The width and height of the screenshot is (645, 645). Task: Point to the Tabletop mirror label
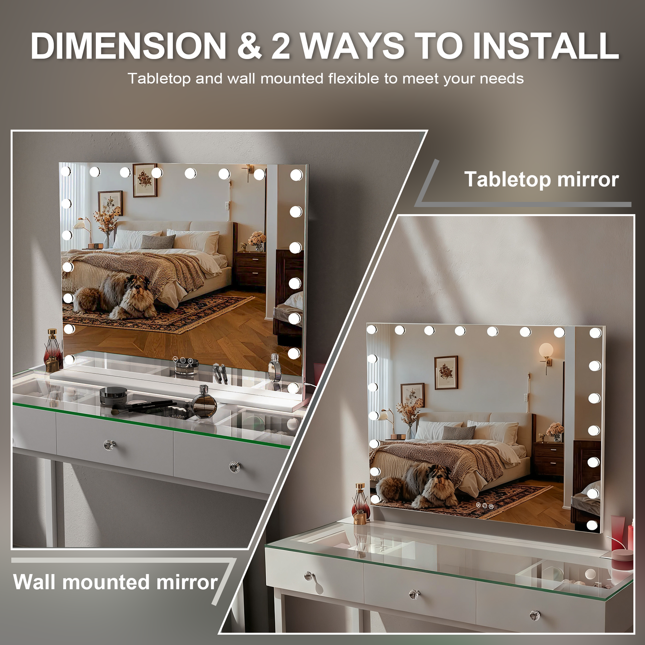(x=542, y=179)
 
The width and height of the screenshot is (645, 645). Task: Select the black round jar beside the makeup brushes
(x=113, y=396)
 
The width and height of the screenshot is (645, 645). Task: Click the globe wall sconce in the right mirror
(x=546, y=350)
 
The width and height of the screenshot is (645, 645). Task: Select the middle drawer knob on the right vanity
(x=414, y=595)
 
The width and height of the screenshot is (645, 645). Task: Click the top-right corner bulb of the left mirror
(x=296, y=175)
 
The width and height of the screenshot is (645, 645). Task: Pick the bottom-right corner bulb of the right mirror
(x=592, y=525)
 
